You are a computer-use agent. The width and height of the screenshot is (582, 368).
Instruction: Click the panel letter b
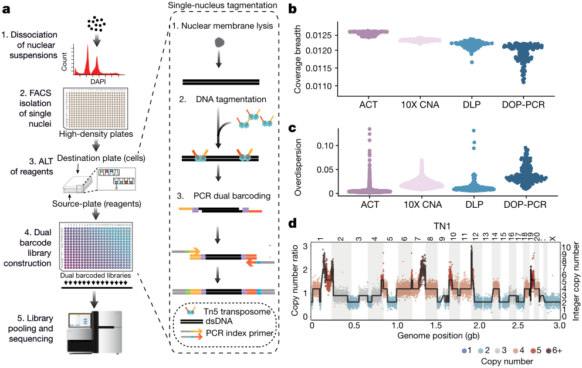tap(292, 10)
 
